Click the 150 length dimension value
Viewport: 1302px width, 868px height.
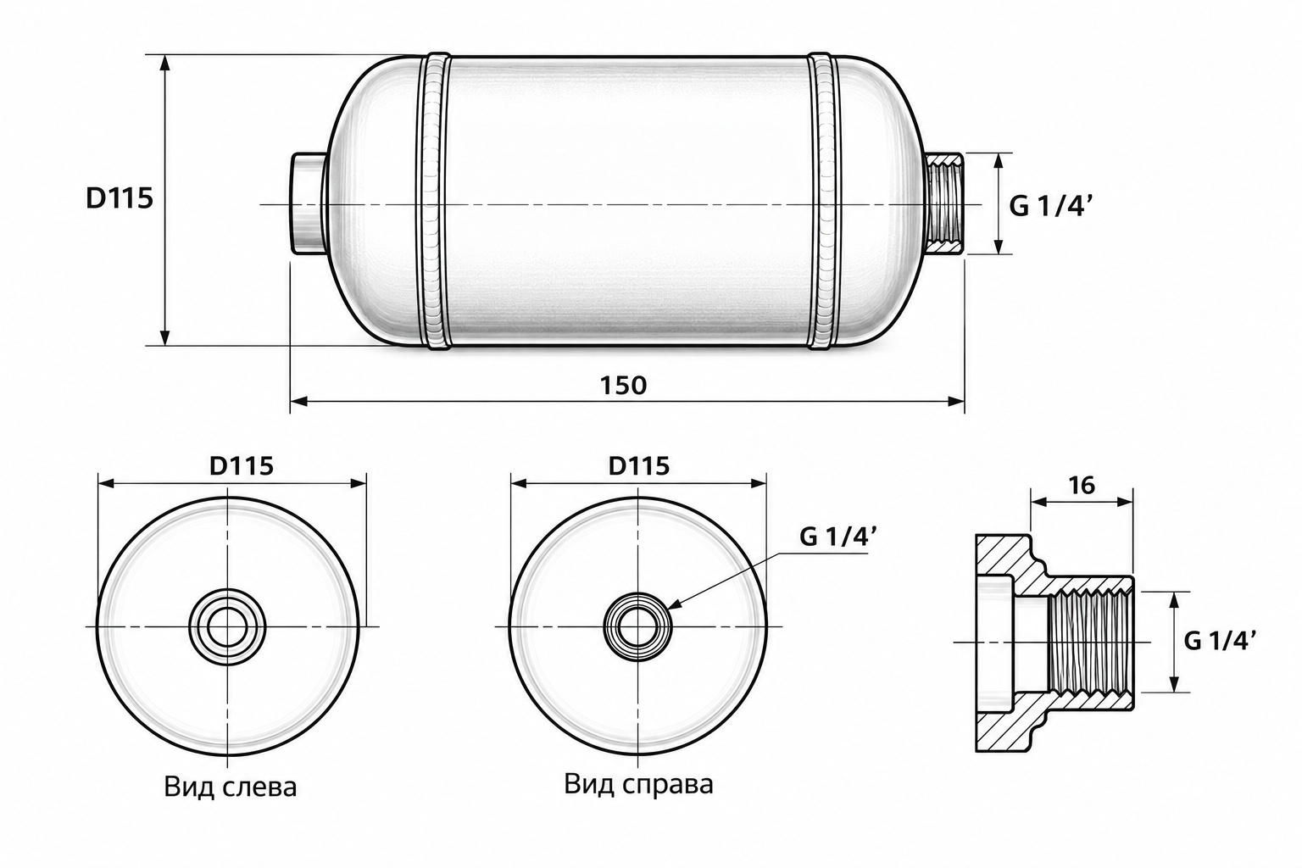623,386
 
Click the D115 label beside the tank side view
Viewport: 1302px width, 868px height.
120,199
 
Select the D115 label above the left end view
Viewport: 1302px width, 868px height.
242,465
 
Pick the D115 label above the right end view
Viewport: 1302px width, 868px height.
639,465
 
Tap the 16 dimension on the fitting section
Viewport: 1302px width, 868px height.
1082,485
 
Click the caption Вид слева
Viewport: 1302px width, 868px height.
231,787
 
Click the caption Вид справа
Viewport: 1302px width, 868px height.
638,784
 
